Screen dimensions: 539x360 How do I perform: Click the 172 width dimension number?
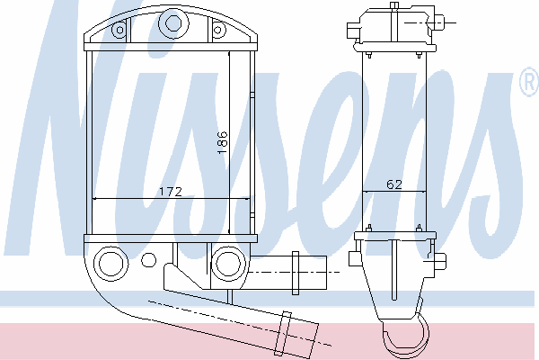click(171, 192)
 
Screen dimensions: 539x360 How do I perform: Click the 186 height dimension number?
click(223, 142)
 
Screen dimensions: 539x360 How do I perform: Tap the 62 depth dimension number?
click(394, 184)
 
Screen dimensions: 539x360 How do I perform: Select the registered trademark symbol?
click(529, 82)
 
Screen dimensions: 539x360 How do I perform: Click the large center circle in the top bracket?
click(173, 23)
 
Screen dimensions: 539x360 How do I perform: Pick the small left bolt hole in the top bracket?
click(119, 30)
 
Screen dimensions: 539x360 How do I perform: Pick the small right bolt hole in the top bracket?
click(217, 30)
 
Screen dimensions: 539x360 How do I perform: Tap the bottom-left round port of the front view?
click(111, 263)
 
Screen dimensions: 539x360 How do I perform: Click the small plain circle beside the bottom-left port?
click(149, 260)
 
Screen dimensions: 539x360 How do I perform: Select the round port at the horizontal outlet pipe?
click(228, 264)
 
